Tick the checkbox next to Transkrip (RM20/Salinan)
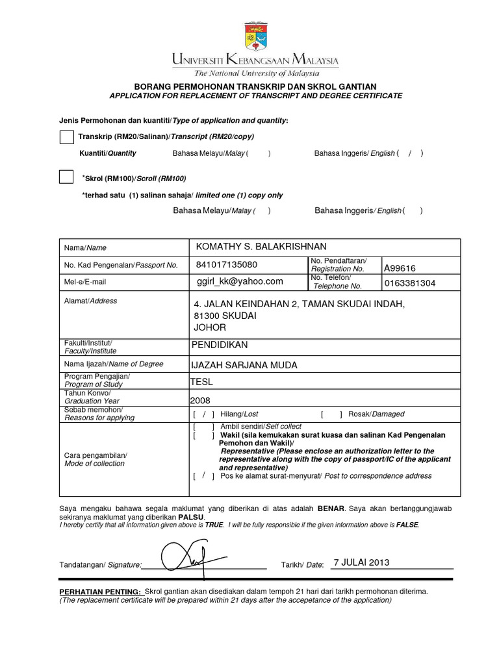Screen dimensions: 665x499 66,137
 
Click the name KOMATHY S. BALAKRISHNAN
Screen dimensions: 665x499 261,246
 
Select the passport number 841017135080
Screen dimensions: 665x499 226,265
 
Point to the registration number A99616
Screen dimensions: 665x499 400,268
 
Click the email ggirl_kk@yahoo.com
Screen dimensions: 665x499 240,281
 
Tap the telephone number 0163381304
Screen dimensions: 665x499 410,284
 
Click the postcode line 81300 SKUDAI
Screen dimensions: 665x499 225,316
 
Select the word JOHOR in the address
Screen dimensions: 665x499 210,327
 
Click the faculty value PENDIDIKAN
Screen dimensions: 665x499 219,345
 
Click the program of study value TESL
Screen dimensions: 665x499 201,382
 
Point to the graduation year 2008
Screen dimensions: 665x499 200,400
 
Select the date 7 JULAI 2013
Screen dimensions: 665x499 361,562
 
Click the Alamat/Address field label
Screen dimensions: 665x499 90,301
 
